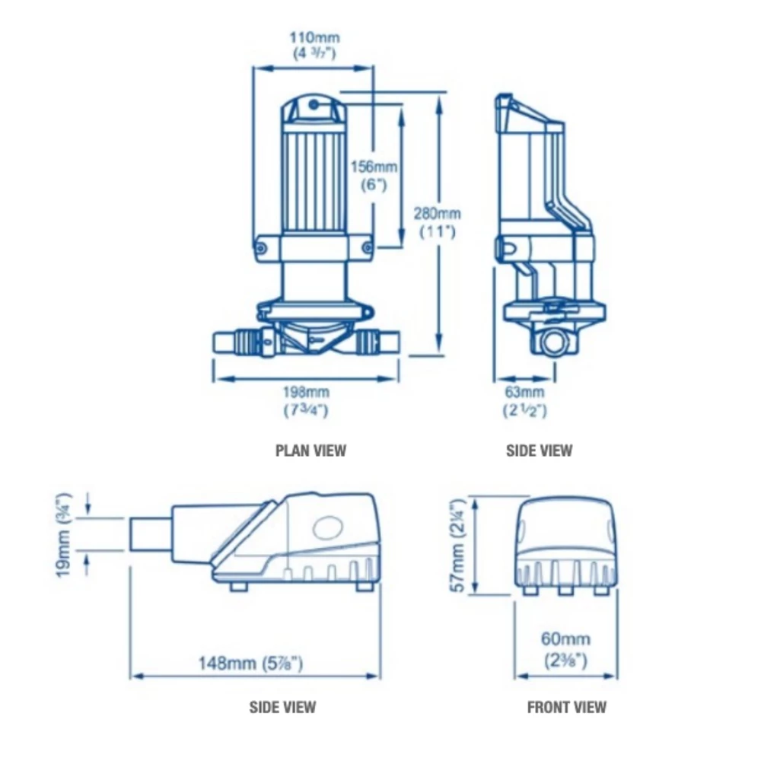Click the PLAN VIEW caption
pos(310,451)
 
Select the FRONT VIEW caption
pos(567,707)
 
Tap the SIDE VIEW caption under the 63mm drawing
pos(539,451)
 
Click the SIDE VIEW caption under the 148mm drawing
pos(282,707)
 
